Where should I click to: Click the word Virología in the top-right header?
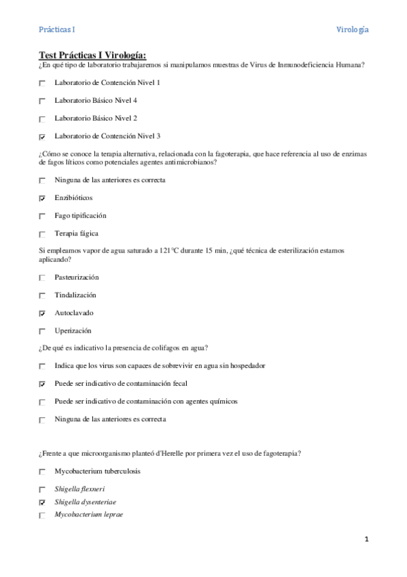click(x=353, y=30)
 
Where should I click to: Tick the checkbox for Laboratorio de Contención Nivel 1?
click(x=43, y=83)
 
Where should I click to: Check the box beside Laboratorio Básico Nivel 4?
click(x=43, y=101)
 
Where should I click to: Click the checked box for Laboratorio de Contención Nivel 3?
click(x=43, y=136)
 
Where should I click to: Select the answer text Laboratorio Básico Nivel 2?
click(x=96, y=118)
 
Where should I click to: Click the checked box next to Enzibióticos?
click(x=43, y=199)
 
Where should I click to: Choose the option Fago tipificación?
click(x=80, y=216)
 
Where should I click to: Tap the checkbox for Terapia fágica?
click(x=43, y=234)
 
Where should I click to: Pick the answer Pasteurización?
click(x=76, y=278)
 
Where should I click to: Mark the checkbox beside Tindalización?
click(x=43, y=296)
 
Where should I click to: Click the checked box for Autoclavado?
click(x=43, y=314)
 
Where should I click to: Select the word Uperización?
click(x=73, y=331)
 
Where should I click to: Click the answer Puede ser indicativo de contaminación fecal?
click(x=121, y=383)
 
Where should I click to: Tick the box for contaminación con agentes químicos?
click(x=43, y=401)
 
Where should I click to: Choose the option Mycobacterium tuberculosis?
click(x=98, y=471)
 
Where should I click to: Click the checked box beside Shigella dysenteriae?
click(x=43, y=502)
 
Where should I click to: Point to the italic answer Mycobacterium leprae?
click(x=89, y=514)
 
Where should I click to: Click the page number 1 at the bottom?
click(x=366, y=540)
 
